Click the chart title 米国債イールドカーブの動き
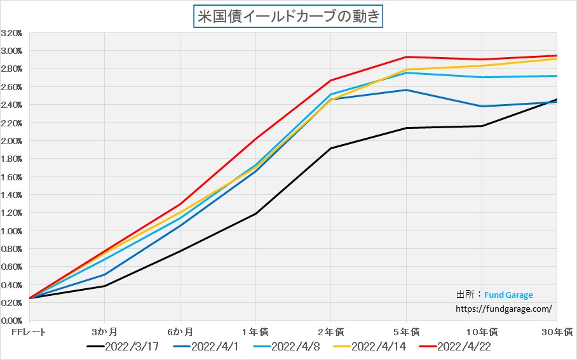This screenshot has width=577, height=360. (288, 16)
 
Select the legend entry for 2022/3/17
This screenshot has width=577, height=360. (123, 347)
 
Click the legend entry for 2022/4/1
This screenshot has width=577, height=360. (206, 347)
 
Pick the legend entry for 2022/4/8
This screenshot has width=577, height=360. (286, 347)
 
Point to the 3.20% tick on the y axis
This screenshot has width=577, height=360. (13, 33)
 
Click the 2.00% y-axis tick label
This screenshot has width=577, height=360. (13, 141)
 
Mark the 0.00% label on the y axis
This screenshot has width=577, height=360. (13, 321)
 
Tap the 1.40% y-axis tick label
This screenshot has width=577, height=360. (13, 195)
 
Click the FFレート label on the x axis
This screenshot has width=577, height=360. (29, 331)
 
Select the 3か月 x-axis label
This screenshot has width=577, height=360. (104, 331)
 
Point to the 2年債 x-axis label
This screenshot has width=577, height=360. (330, 331)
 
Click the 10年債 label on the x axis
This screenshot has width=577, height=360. (481, 331)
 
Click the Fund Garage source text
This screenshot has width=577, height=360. (508, 295)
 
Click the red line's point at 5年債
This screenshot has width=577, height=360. (406, 57)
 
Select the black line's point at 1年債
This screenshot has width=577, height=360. (255, 214)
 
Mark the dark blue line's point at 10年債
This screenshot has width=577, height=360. (482, 107)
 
